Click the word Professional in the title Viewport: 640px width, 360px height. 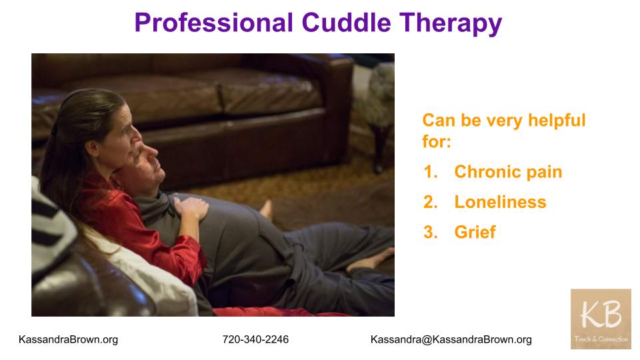point(214,23)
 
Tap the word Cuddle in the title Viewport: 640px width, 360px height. point(347,23)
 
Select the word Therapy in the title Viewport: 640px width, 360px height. point(451,24)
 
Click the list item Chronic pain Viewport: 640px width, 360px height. point(508,172)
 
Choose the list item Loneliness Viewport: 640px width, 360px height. point(500,202)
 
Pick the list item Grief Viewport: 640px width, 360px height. point(475,232)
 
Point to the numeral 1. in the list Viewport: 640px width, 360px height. point(431,172)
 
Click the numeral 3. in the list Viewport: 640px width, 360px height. point(431,232)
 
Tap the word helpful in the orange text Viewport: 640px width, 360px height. point(557,121)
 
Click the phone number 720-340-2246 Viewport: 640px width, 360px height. point(255,339)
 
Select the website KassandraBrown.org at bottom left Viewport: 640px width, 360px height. point(68,339)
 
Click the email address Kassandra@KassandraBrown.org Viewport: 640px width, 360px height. point(451,339)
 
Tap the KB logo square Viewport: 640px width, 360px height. point(601,319)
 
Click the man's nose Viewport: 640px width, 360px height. point(152,152)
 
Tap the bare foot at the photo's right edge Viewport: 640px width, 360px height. point(371,260)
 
